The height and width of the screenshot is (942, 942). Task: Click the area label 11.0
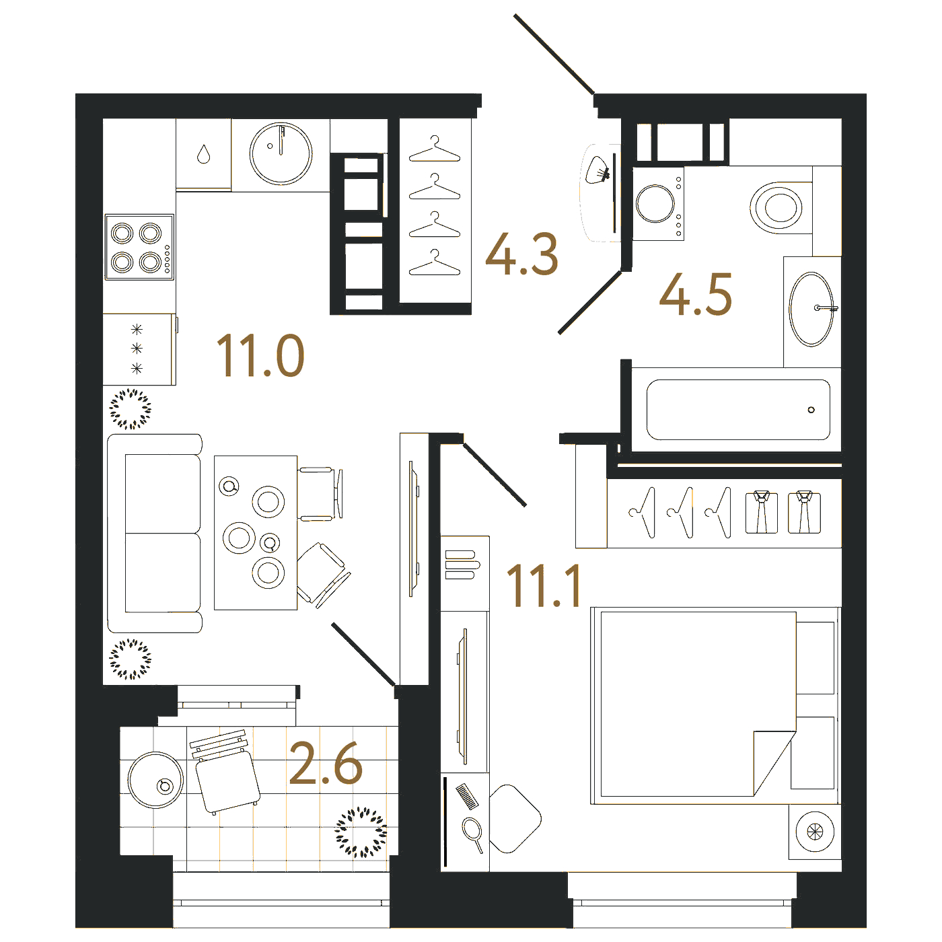point(260,355)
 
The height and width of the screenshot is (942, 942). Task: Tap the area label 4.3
point(521,254)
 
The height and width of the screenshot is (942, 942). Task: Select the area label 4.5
point(696,294)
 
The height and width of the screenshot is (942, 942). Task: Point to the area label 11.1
point(543,585)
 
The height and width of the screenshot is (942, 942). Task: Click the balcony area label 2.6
point(326,764)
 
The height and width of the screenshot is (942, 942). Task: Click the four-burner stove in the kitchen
point(139,248)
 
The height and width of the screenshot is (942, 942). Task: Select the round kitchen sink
point(281,153)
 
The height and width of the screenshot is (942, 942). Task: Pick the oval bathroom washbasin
point(812,310)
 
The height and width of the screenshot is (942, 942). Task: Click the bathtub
point(738,410)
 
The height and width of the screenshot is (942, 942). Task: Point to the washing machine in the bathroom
point(658,203)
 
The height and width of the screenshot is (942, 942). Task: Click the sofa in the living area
point(155,534)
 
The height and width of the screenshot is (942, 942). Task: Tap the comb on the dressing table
point(468,796)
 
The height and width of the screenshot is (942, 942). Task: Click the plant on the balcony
point(361,832)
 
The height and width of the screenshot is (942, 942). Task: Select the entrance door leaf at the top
point(554,54)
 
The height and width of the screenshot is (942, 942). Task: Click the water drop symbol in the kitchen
point(203,154)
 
